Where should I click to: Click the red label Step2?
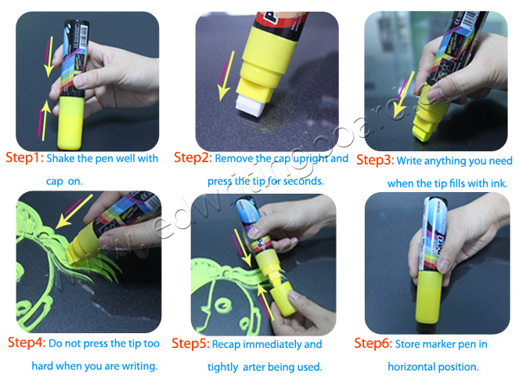192,158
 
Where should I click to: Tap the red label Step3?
374,161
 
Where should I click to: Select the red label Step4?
27,343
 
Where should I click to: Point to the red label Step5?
192,343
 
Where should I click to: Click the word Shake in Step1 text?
60,158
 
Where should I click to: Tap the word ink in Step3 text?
502,183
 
